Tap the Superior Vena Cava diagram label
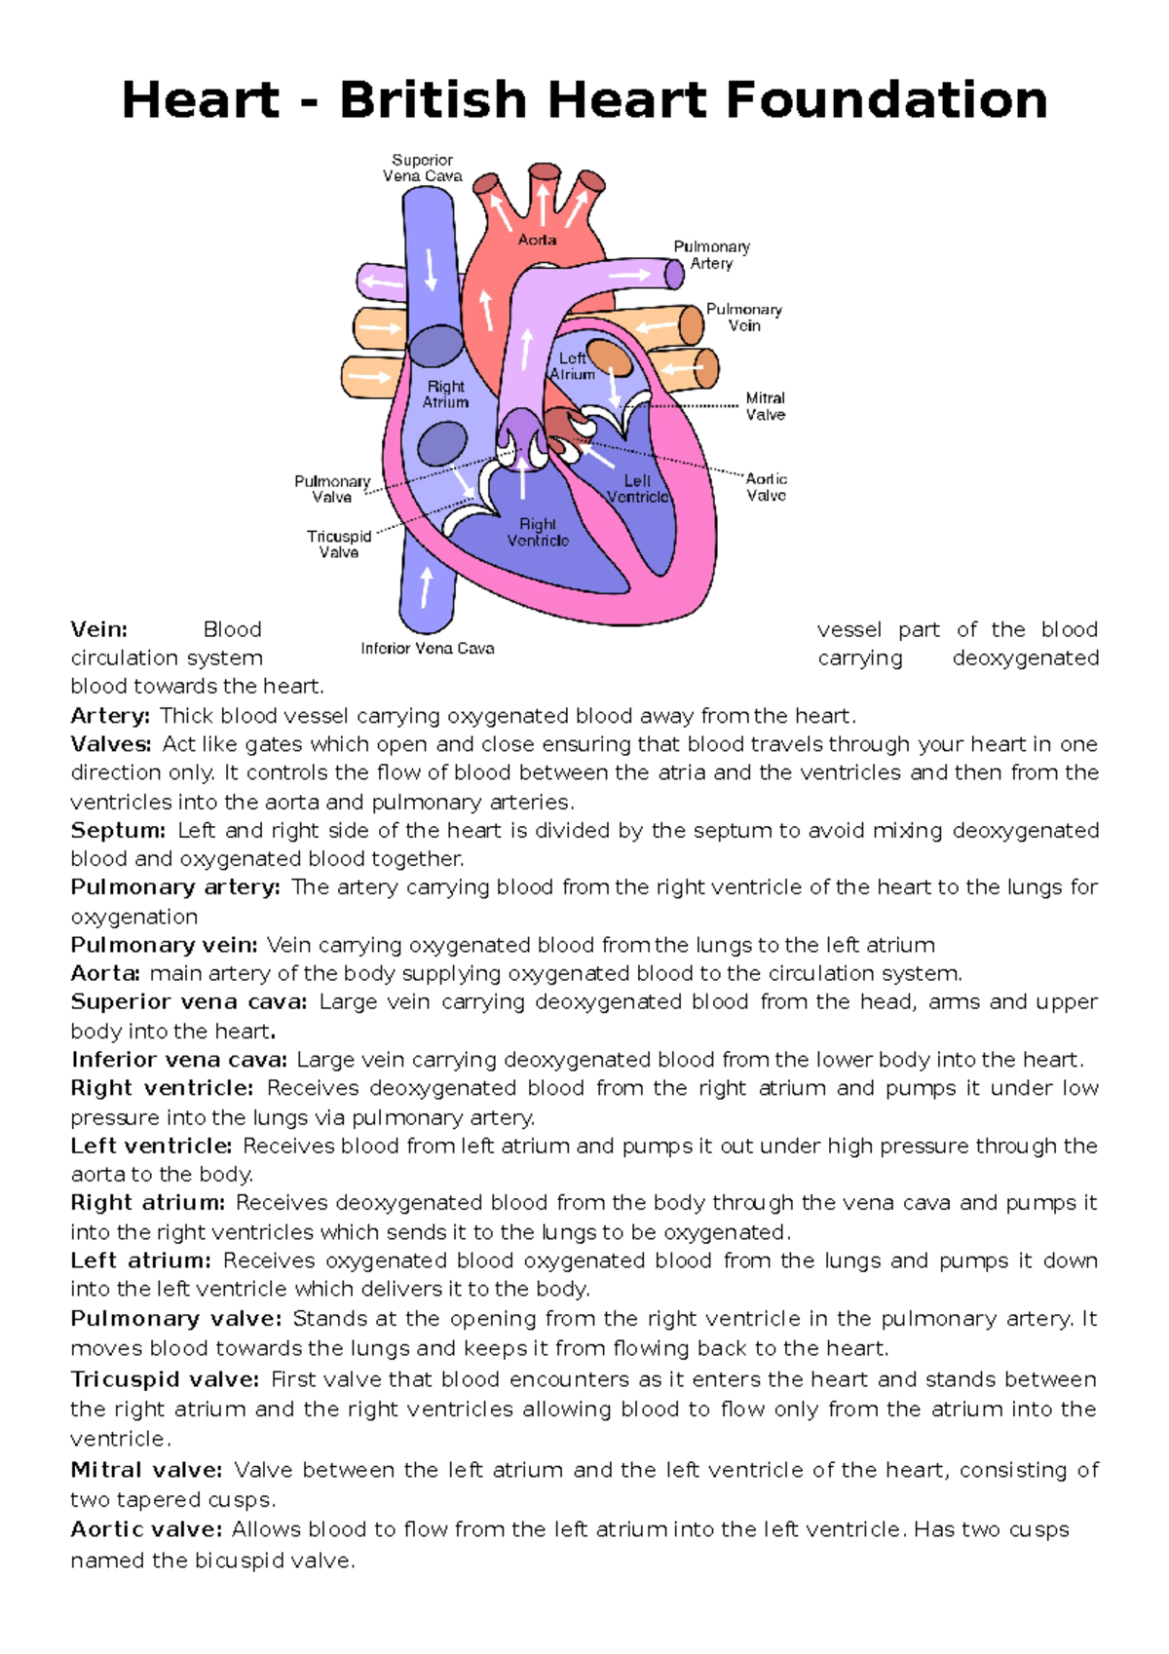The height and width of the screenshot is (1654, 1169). coord(422,168)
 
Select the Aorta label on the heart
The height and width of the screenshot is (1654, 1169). coord(537,240)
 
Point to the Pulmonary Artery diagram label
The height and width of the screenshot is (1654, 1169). coord(711,255)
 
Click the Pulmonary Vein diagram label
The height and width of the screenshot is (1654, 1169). coord(744,318)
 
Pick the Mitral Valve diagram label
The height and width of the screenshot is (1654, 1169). coord(766,406)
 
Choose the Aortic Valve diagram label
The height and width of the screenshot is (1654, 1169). coord(767,487)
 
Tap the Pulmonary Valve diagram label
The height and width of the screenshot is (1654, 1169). coord(332,489)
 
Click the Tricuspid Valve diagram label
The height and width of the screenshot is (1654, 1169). coord(339,545)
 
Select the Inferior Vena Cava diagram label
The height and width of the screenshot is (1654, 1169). coord(428,649)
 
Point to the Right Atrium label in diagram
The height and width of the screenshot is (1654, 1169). coord(445,395)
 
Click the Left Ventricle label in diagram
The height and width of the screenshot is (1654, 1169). coord(637,489)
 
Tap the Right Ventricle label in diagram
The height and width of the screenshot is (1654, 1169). coord(538,533)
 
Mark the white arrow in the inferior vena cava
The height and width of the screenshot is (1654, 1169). coord(426,587)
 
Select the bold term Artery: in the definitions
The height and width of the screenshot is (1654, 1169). coord(110,716)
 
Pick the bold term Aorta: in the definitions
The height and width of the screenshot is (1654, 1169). coord(105,973)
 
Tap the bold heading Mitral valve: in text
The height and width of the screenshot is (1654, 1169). coord(146,1470)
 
